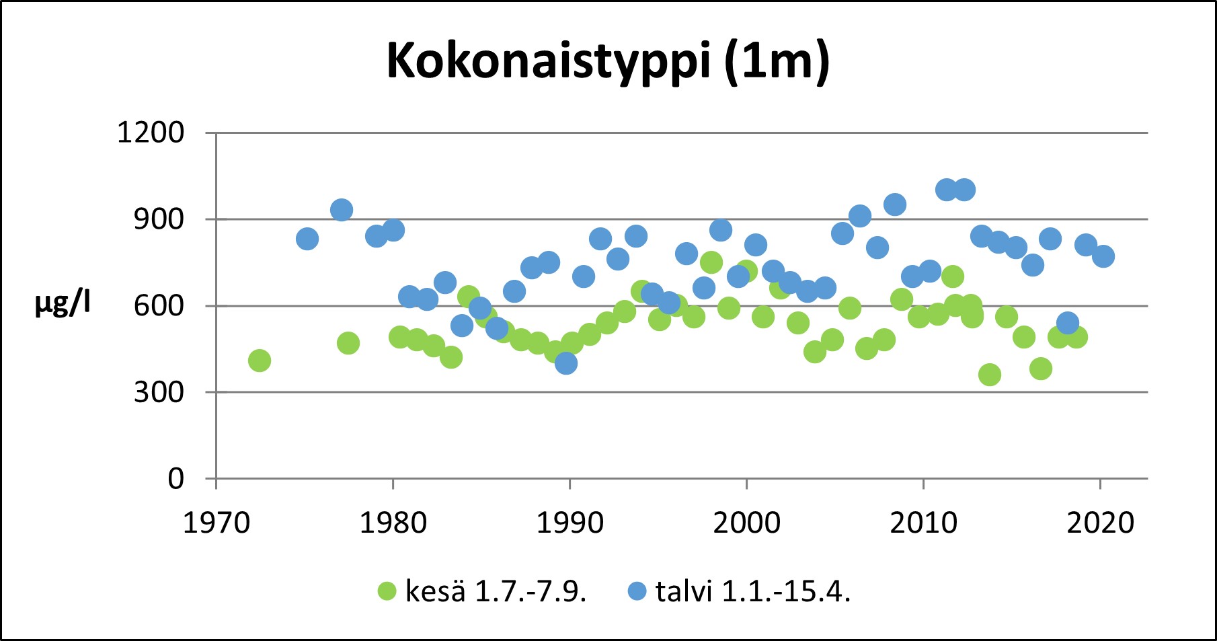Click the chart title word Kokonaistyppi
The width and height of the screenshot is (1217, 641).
(x=548, y=63)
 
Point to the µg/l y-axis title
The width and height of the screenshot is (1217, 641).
(x=63, y=305)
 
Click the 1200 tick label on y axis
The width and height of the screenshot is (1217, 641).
(x=151, y=133)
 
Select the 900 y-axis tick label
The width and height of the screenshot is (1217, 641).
(x=159, y=219)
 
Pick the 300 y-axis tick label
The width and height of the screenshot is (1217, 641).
(x=159, y=392)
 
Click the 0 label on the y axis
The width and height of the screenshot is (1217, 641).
(x=175, y=479)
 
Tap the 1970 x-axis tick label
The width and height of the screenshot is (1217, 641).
(x=216, y=523)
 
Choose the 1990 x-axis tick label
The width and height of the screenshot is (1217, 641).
(x=570, y=523)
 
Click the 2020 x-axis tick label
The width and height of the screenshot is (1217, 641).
(x=1100, y=523)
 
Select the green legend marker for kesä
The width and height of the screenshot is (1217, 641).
(x=387, y=591)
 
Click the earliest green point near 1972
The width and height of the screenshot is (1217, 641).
(x=260, y=361)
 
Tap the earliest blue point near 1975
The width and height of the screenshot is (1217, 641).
(x=307, y=239)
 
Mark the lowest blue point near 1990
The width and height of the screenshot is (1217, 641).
(x=566, y=363)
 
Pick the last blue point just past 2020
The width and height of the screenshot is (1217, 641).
(x=1103, y=256)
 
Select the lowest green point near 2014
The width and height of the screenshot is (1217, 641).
(x=990, y=375)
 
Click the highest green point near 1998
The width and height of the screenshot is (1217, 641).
(x=711, y=262)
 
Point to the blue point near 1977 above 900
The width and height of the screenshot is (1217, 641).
(x=342, y=210)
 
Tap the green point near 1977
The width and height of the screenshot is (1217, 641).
(x=348, y=343)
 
